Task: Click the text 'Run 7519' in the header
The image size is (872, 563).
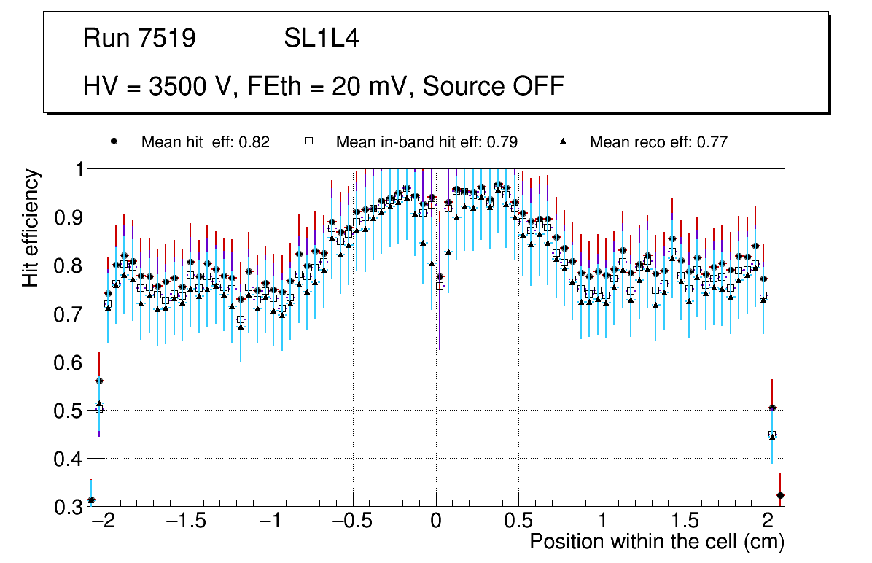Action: [139, 38]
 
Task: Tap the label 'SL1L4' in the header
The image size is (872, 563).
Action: [321, 38]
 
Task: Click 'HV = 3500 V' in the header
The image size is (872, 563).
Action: [157, 86]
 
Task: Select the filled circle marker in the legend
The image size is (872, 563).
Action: [114, 142]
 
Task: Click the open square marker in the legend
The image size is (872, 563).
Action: [308, 142]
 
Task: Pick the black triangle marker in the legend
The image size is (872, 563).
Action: [563, 142]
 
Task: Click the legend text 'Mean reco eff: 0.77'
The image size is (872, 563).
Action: [658, 142]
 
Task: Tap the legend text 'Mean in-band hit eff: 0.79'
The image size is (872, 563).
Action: [427, 142]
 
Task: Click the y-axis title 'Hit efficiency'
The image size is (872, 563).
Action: [31, 228]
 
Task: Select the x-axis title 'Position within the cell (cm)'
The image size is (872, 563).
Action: [657, 542]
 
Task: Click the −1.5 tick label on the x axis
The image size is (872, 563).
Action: [187, 521]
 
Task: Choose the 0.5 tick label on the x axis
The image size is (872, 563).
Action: [519, 521]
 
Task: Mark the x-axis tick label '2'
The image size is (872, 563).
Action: [768, 521]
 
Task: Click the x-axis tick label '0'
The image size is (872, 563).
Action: [436, 521]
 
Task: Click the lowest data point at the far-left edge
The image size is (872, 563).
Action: [91, 500]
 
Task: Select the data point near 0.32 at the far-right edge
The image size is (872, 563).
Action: [780, 495]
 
